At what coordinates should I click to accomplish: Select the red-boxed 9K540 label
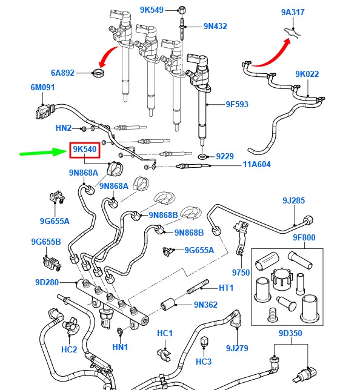(85, 150)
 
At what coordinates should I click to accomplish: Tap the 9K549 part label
(152, 10)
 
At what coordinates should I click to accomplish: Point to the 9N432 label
(215, 27)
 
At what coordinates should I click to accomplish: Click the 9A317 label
(293, 13)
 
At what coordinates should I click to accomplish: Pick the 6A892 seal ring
(99, 73)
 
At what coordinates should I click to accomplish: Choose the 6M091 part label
(42, 88)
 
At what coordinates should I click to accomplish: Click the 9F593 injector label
(237, 104)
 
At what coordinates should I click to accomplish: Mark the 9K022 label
(307, 74)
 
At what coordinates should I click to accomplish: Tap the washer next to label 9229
(202, 157)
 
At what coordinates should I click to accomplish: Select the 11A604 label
(256, 164)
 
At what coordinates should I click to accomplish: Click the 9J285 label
(293, 200)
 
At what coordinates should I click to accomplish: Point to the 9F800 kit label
(304, 238)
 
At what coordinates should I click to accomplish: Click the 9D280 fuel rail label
(47, 283)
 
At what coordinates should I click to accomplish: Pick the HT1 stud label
(226, 288)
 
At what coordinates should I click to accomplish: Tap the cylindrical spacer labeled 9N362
(167, 304)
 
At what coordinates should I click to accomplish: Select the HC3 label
(204, 362)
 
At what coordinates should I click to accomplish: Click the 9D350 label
(290, 333)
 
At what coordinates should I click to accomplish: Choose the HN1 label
(120, 347)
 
